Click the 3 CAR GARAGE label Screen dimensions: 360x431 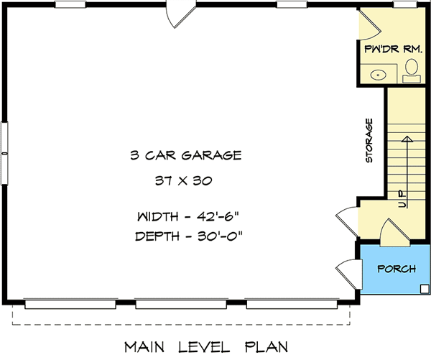pyautogui.click(x=185, y=154)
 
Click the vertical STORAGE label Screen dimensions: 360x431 pyautogui.click(x=369, y=141)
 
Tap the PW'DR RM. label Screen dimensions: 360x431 pyautogui.click(x=393, y=48)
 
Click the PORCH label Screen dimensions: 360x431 pyautogui.click(x=396, y=269)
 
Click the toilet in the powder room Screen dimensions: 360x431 pyautogui.click(x=412, y=70)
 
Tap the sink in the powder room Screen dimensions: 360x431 pyautogui.click(x=379, y=73)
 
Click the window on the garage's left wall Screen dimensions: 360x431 pyautogui.click(x=5, y=139)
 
